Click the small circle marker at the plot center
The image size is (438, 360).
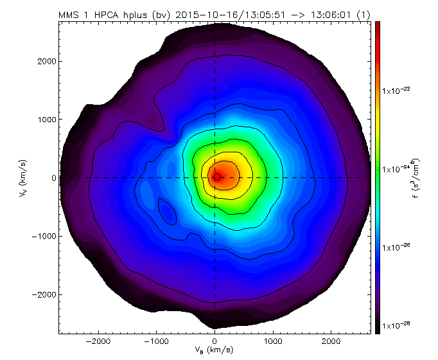point(217,176)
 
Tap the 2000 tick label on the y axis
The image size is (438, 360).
point(44,61)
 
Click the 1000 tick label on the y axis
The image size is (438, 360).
point(44,120)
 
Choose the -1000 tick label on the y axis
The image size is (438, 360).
point(42,236)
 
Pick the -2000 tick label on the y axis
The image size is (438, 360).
point(42,294)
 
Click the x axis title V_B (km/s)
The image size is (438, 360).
point(214,350)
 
